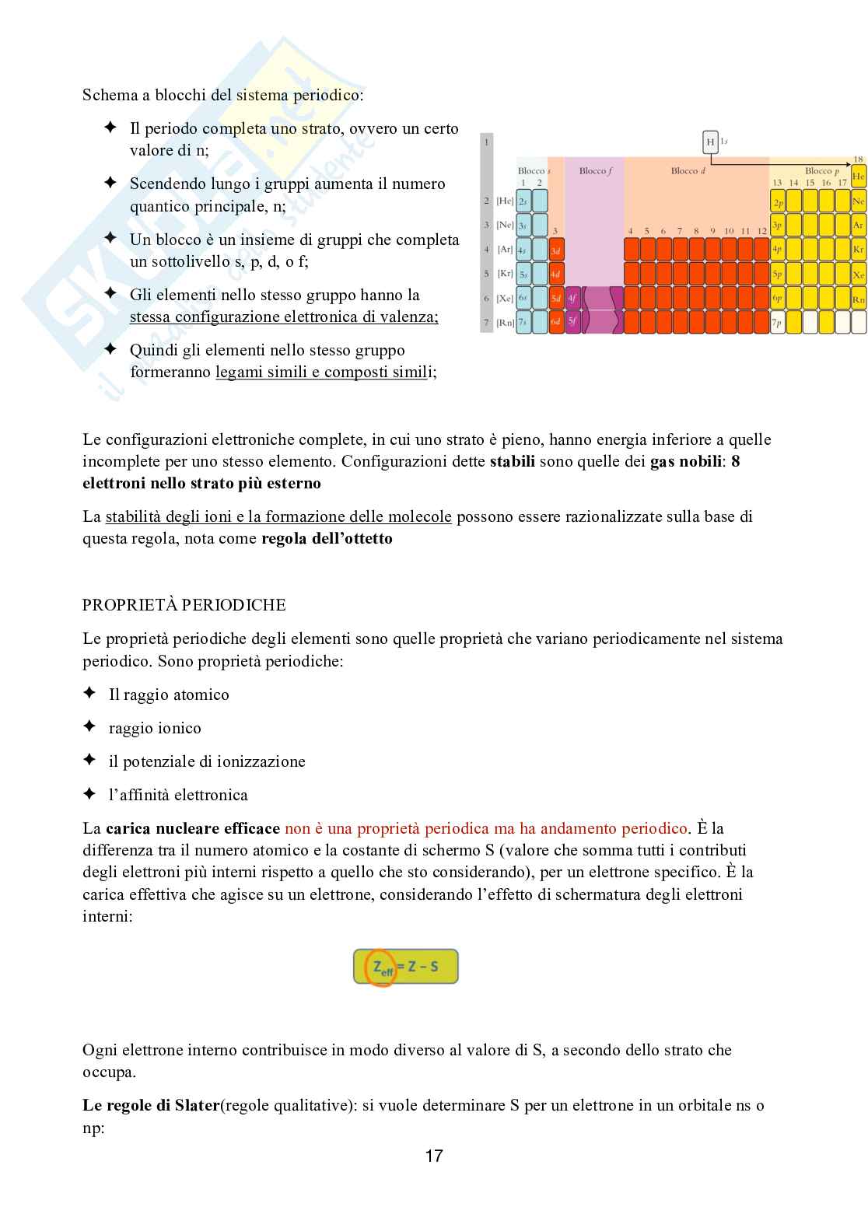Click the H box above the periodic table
click(709, 142)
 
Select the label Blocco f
click(596, 171)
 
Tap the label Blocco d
click(688, 171)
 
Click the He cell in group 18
click(858, 177)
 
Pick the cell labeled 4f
click(572, 297)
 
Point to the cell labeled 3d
click(556, 250)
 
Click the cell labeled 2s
click(523, 201)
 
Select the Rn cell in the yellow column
click(858, 297)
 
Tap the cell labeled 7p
click(778, 321)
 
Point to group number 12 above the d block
click(761, 231)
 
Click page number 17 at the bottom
click(434, 1156)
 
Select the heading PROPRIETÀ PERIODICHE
click(184, 605)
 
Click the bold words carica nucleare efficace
click(193, 828)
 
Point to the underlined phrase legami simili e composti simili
click(322, 373)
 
